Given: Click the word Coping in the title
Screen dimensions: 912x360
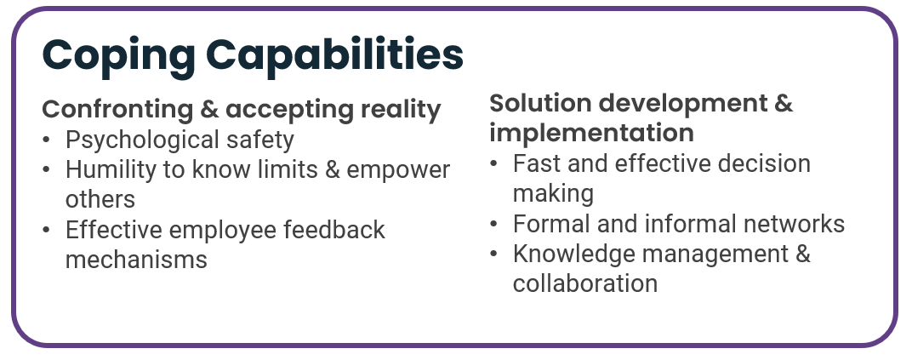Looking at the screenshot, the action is (118, 56).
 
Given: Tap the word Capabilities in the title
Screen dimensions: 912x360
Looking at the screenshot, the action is (334, 54).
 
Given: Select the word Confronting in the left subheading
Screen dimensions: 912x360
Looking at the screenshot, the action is (117, 110).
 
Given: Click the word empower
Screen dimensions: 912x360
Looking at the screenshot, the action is (398, 171).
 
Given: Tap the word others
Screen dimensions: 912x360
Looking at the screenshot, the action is (100, 199).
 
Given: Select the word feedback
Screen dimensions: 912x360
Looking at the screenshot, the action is (333, 229).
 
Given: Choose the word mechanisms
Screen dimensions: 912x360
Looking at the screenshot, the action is (136, 260).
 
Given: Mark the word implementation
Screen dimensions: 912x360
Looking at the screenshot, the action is (591, 133).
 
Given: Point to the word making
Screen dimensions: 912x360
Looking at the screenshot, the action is (553, 194).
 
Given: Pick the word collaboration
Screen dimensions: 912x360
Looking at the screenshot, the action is (585, 283).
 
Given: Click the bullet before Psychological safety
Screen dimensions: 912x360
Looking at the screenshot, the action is (47, 140).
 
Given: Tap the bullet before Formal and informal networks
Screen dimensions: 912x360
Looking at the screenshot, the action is (493, 224).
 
